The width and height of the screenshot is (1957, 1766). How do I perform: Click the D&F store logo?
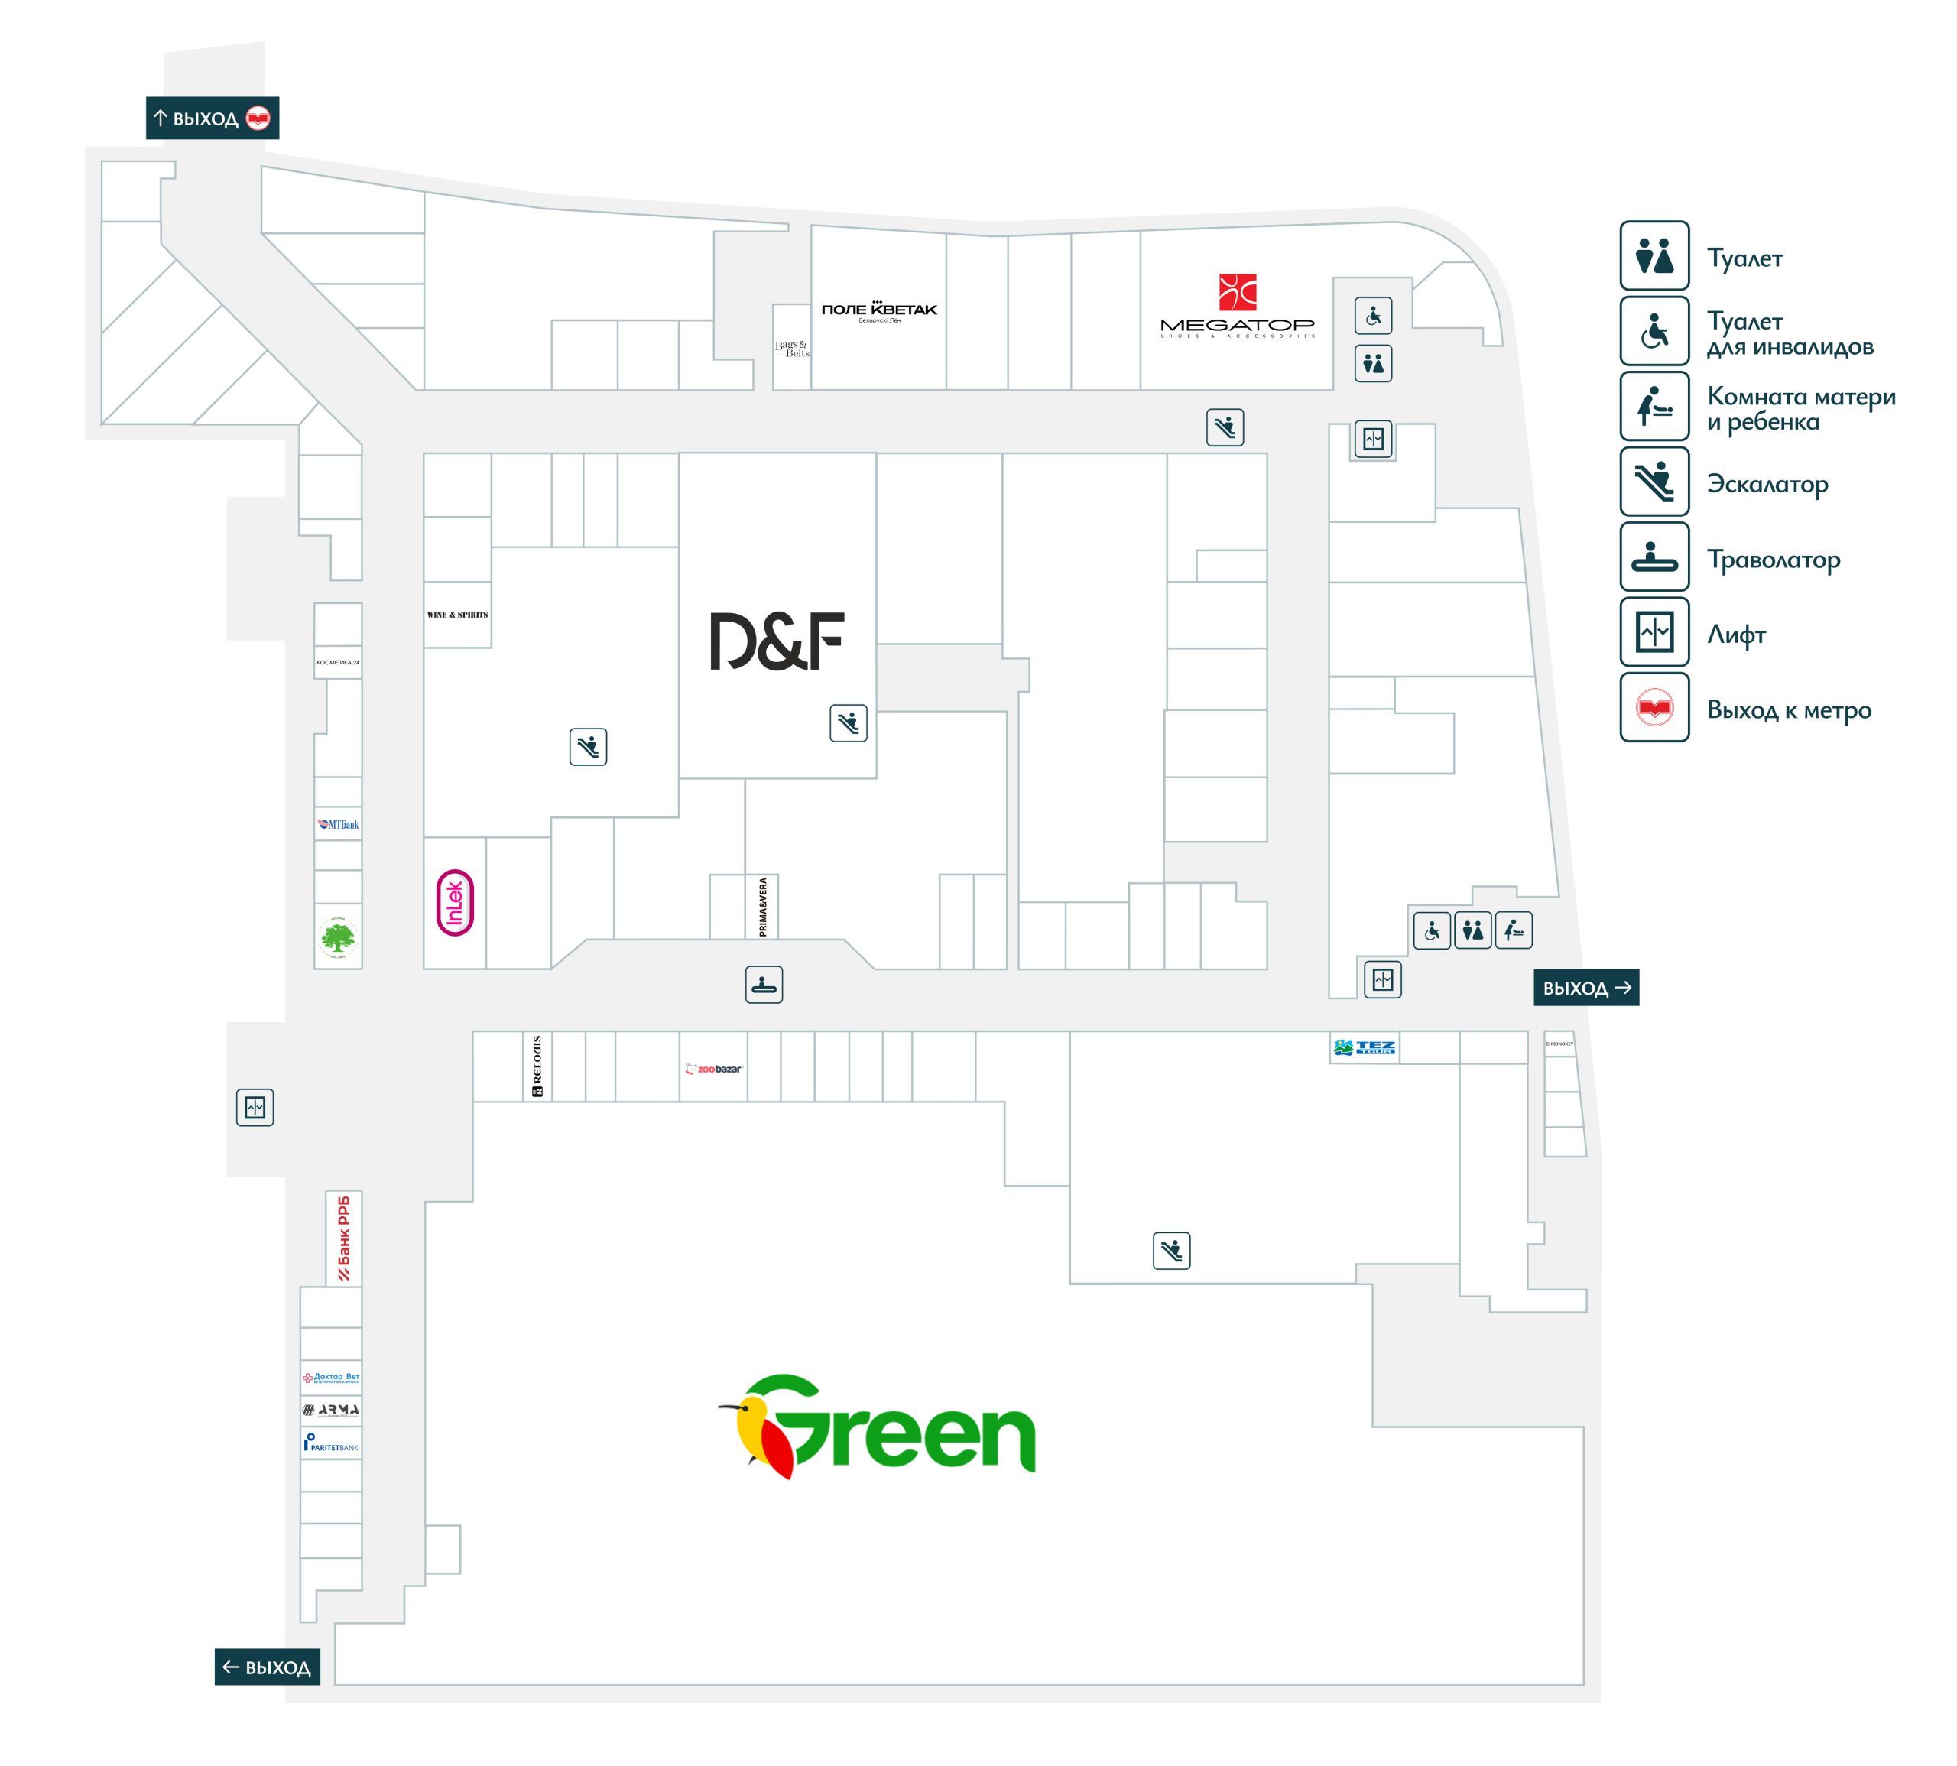coord(776,641)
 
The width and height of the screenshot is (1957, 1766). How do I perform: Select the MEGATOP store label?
coord(1237,307)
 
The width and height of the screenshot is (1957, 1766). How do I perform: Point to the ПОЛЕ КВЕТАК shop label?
coord(879,310)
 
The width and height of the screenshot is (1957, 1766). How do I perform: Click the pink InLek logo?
coord(455,902)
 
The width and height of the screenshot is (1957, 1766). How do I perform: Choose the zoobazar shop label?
coord(713,1068)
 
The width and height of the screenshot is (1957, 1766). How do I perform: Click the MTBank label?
coord(338,824)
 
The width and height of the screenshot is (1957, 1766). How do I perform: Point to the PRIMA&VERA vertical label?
coord(763,906)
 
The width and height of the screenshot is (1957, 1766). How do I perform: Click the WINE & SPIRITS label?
coord(457,614)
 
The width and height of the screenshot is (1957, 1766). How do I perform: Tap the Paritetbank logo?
coord(331,1443)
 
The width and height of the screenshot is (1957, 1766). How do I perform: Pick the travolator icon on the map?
coord(764,984)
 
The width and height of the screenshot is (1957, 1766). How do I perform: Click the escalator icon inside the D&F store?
coord(848,723)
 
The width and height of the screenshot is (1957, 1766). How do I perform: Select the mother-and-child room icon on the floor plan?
coord(1513,930)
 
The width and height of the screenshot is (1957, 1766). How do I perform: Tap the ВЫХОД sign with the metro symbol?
coord(213,118)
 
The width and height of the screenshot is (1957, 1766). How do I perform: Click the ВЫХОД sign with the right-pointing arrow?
coord(1585,988)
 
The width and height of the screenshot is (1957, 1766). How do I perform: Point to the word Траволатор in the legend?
coord(1773,560)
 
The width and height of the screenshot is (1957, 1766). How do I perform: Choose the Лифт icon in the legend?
coord(1654,633)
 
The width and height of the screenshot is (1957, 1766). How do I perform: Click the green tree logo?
coord(338,937)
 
